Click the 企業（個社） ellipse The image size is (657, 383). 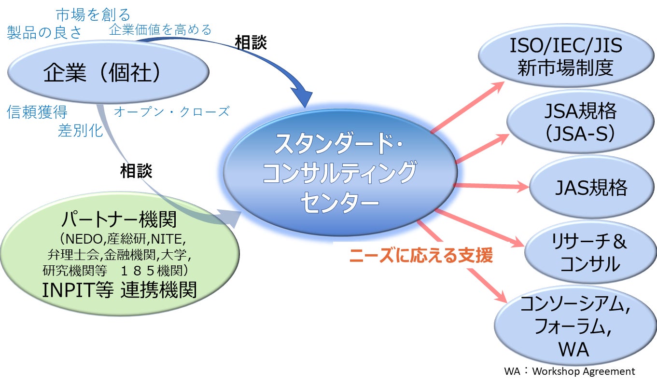108,73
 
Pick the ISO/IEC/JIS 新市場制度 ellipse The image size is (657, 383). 565,57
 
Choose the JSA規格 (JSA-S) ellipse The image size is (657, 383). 579,122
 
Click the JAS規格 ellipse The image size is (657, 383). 591,188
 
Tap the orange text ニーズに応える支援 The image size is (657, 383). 420,256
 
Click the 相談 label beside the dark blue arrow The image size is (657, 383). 251,42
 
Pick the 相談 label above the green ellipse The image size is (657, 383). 136,171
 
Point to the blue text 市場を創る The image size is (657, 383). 93,14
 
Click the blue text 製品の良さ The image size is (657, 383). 44,32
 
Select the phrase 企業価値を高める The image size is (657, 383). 160,30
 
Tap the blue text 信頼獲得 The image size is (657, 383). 37,112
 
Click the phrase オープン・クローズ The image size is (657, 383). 171,112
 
